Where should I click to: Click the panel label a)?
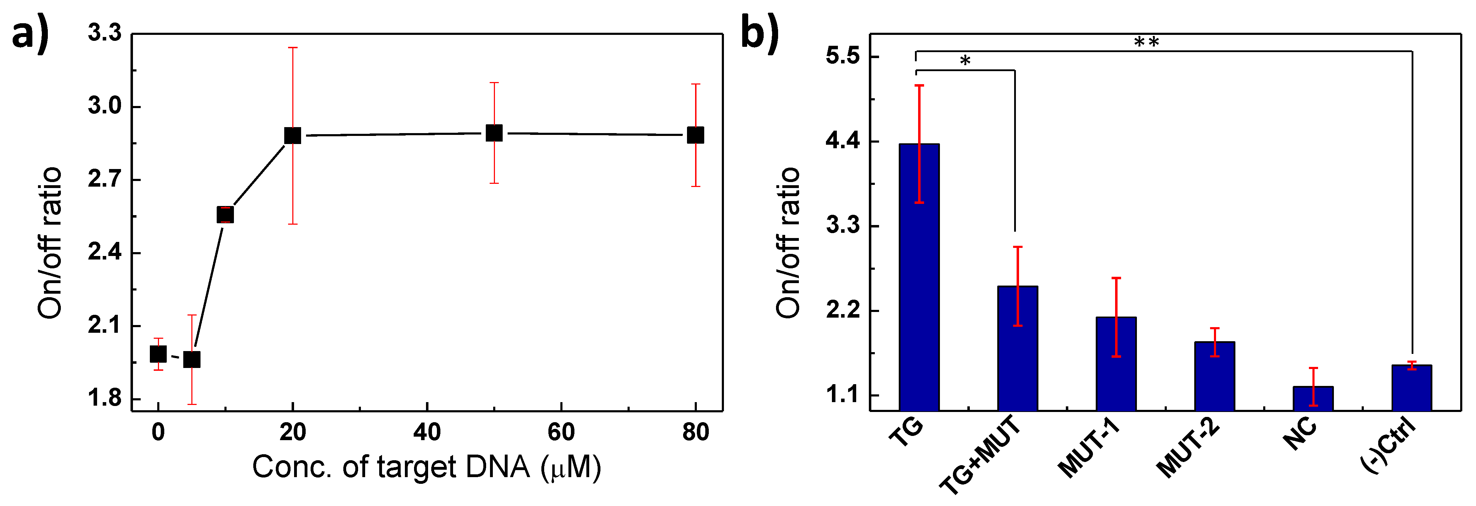pyautogui.click(x=30, y=35)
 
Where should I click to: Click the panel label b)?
pyautogui.click(x=759, y=33)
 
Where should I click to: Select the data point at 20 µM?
pyautogui.click(x=293, y=136)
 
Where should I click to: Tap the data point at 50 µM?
pyautogui.click(x=494, y=133)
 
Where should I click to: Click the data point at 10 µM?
pyautogui.click(x=225, y=214)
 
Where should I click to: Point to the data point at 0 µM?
pyautogui.click(x=158, y=354)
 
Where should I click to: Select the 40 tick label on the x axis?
pyautogui.click(x=427, y=432)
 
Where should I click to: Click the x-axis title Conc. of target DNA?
pyautogui.click(x=427, y=468)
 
